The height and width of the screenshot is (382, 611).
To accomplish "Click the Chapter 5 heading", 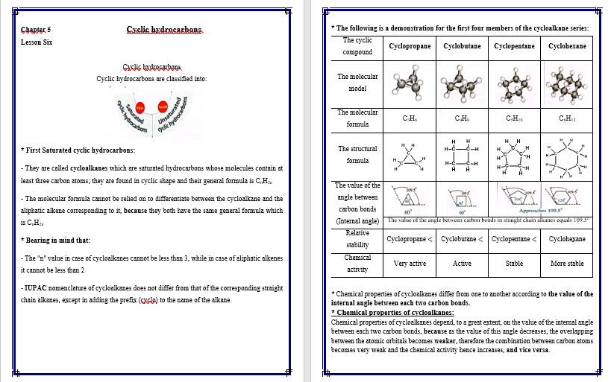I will tap(31, 30).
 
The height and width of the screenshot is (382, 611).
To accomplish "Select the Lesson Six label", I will tap(37, 42).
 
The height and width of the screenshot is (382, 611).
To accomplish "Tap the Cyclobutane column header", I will tap(463, 46).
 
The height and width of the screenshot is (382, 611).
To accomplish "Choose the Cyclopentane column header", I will tap(515, 46).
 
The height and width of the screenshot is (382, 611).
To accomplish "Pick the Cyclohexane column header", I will tap(567, 46).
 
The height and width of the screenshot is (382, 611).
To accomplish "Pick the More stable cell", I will tap(567, 264).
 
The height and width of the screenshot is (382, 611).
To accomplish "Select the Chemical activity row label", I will tap(357, 263).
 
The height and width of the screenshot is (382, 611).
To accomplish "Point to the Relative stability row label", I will tap(357, 238).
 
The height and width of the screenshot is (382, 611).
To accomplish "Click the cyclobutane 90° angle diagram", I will tap(463, 199).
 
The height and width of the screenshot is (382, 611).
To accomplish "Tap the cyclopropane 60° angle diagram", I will tap(410, 199).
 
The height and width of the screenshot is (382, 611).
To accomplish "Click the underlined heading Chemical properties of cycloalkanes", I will tap(392, 313).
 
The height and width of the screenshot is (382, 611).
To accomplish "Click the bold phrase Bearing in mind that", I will tap(57, 240).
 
